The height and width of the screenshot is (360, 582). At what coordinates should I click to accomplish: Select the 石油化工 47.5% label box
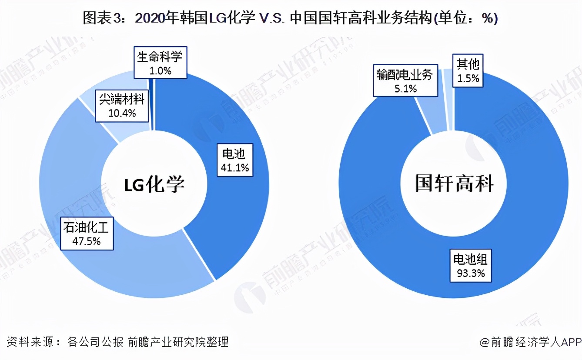[87, 234]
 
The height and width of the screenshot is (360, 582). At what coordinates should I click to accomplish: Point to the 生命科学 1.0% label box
[160, 63]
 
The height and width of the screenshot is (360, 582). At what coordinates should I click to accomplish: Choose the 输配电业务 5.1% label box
[406, 81]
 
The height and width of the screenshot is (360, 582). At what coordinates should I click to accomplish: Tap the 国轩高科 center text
[454, 184]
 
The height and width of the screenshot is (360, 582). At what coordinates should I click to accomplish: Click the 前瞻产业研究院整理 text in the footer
[178, 342]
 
